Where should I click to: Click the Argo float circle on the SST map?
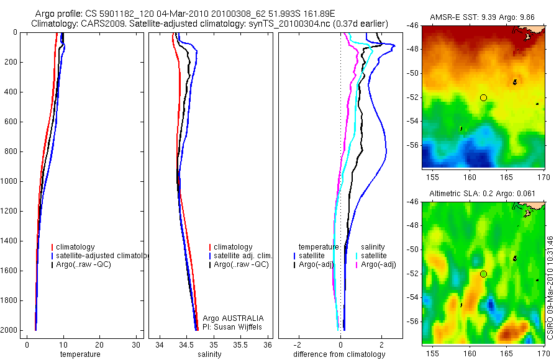[x=483, y=97]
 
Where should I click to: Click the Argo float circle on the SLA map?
[x=483, y=274]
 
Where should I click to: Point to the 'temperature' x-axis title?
[x=80, y=354]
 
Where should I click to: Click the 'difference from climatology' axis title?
[x=340, y=354]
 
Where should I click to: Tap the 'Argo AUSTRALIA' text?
[x=229, y=318]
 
